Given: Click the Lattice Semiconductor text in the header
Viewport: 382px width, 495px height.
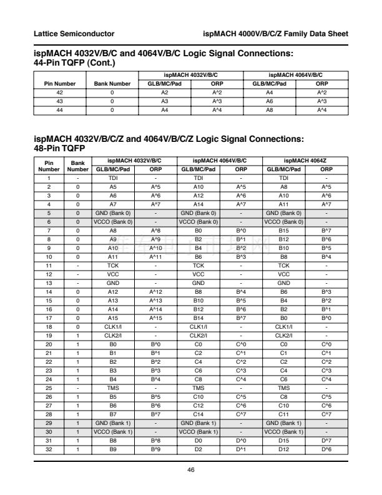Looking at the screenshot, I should [74, 32].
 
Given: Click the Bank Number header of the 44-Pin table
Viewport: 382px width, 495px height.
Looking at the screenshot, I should [112, 83].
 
